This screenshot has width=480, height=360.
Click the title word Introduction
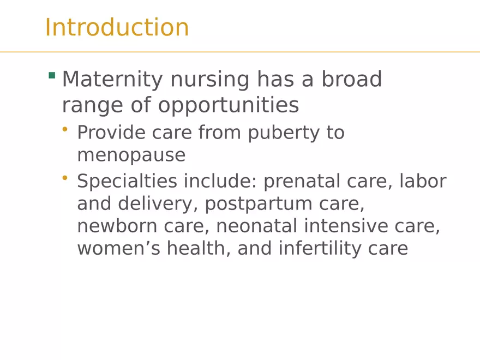[x=117, y=28]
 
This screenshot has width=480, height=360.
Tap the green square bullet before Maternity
[x=52, y=75]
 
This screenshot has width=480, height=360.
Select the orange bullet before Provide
[x=65, y=129]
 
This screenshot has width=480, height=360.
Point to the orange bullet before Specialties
[x=65, y=177]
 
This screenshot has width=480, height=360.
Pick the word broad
[x=351, y=80]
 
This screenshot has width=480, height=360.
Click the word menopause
[x=131, y=156]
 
